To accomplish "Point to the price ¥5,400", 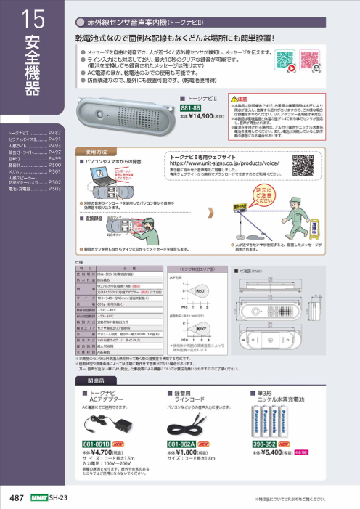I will point(274,452).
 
